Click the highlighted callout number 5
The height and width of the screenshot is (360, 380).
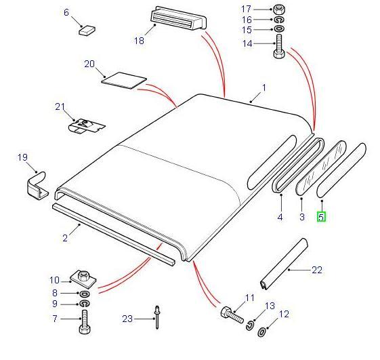pos(321,217)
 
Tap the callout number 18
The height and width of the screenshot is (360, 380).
pos(139,41)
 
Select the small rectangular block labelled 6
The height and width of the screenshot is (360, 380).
pos(87,30)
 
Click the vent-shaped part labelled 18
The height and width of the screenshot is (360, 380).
pos(178,19)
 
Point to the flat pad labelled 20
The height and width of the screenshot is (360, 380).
pos(124,81)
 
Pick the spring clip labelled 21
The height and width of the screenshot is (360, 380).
pos(86,126)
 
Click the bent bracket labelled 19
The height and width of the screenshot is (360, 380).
pos(37,186)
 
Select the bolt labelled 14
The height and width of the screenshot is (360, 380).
pos(279,47)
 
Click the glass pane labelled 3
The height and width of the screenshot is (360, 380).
pos(322,167)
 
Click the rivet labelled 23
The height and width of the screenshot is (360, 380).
pos(156,317)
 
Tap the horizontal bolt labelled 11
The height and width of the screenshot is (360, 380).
pos(232,315)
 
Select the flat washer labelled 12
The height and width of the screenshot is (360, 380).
pos(261,332)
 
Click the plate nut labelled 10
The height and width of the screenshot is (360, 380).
pos(83,279)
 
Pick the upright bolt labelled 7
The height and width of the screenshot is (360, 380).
pos(85,321)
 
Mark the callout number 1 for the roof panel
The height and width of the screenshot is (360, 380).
pos(264,87)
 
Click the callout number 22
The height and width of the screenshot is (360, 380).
pos(317,270)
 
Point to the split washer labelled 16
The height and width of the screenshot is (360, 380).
pos(279,20)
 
